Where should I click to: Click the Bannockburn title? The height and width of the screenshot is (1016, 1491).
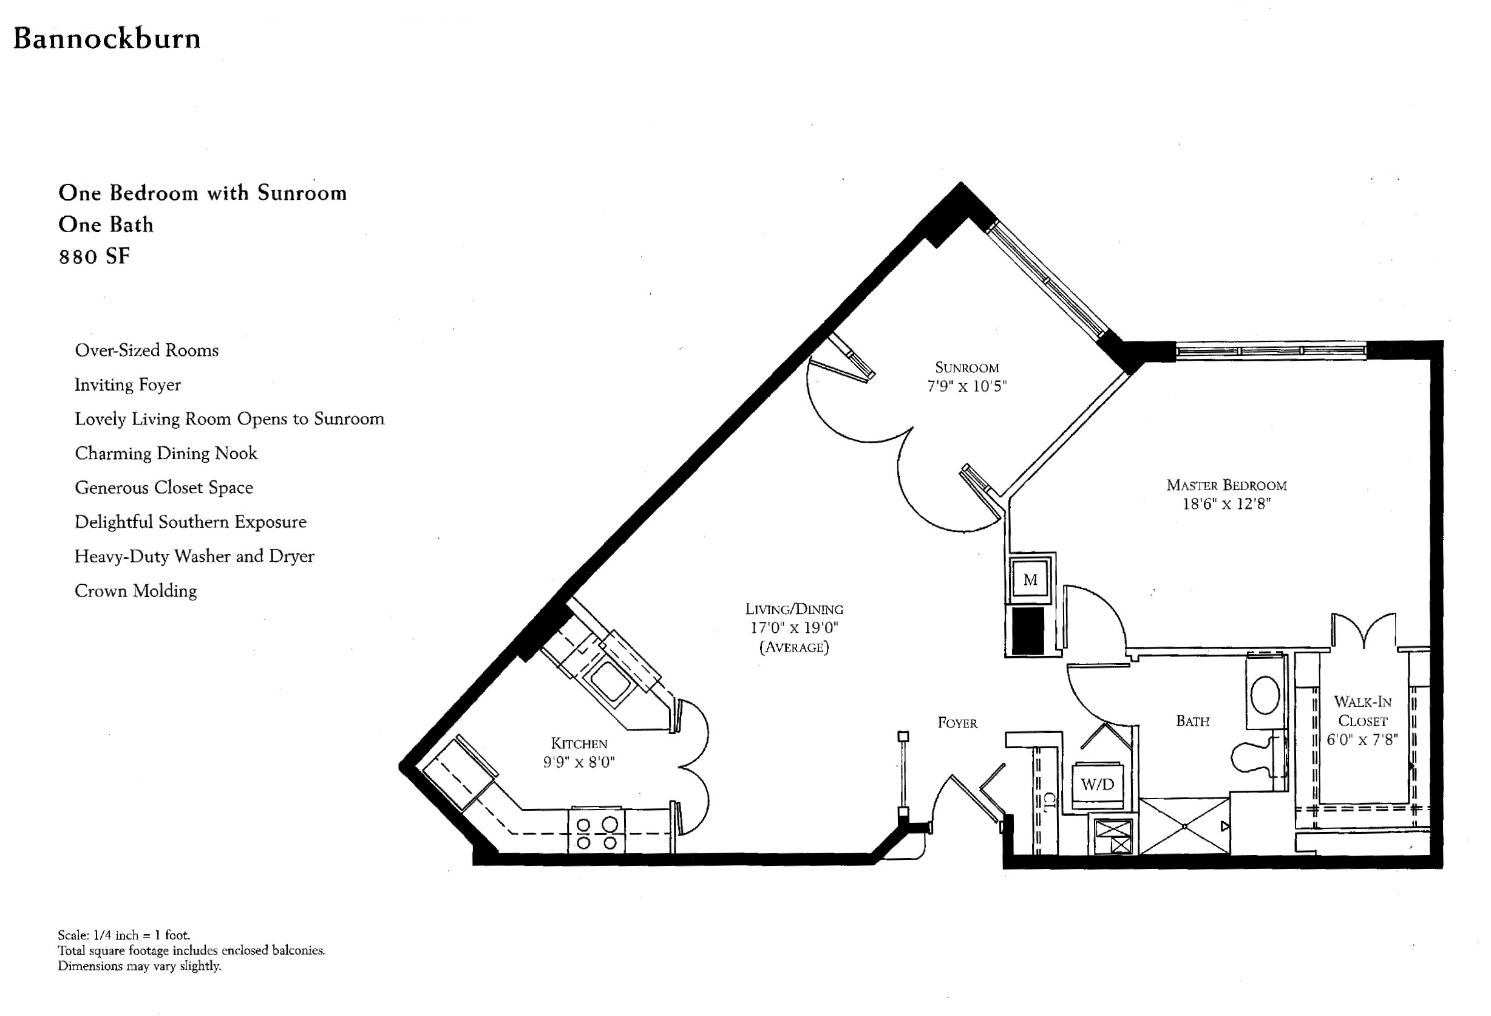pyautogui.click(x=107, y=38)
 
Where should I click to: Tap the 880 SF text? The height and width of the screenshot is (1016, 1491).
pyautogui.click(x=94, y=257)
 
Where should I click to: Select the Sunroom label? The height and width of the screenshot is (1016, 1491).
pyautogui.click(x=967, y=368)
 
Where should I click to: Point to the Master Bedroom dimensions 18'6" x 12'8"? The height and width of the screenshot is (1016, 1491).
pyautogui.click(x=1227, y=504)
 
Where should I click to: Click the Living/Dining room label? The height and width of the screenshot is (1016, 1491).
pyautogui.click(x=794, y=609)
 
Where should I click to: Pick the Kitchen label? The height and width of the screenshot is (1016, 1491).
pyautogui.click(x=579, y=743)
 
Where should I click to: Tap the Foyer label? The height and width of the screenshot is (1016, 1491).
pyautogui.click(x=957, y=723)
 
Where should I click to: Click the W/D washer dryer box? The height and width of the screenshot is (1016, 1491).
pyautogui.click(x=1098, y=784)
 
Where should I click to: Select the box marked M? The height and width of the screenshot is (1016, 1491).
pyautogui.click(x=1030, y=579)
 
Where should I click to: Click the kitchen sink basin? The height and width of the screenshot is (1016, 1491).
pyautogui.click(x=610, y=681)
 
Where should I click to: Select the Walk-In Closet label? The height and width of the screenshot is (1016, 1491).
pyautogui.click(x=1362, y=711)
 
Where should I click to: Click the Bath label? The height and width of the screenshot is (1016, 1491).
pyautogui.click(x=1193, y=721)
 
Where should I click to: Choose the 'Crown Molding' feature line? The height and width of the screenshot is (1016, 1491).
pyautogui.click(x=135, y=591)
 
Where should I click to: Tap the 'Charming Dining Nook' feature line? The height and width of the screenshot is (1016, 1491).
pyautogui.click(x=166, y=453)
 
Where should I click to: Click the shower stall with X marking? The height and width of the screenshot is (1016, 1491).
pyautogui.click(x=1184, y=826)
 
